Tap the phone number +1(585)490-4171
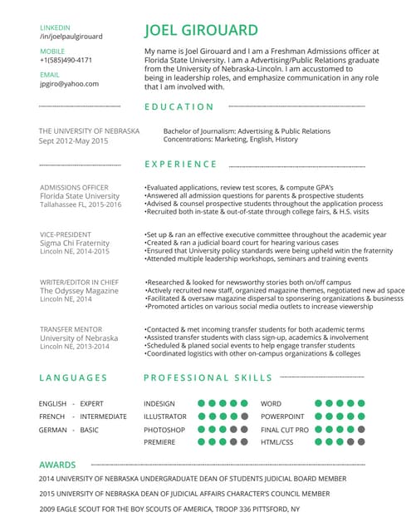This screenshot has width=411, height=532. click(x=66, y=61)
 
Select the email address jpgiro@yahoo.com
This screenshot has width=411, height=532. click(x=69, y=83)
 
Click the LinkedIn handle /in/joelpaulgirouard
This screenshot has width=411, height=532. click(x=71, y=37)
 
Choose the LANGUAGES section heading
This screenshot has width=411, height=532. click(x=73, y=377)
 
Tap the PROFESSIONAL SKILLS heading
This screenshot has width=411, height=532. click(x=208, y=377)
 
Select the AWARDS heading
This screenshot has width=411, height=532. click(x=58, y=465)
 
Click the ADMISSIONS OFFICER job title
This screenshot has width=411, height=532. click(x=74, y=187)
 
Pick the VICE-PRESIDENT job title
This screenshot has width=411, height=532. click(x=66, y=234)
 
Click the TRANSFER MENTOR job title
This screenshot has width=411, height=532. click(x=71, y=330)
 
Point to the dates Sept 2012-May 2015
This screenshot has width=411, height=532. click(x=74, y=141)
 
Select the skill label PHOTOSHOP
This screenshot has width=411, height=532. click(x=164, y=430)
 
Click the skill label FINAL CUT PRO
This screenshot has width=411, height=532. click(x=285, y=430)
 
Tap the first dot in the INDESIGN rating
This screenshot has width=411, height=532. click(x=202, y=404)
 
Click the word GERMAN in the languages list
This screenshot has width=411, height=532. click(x=52, y=430)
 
